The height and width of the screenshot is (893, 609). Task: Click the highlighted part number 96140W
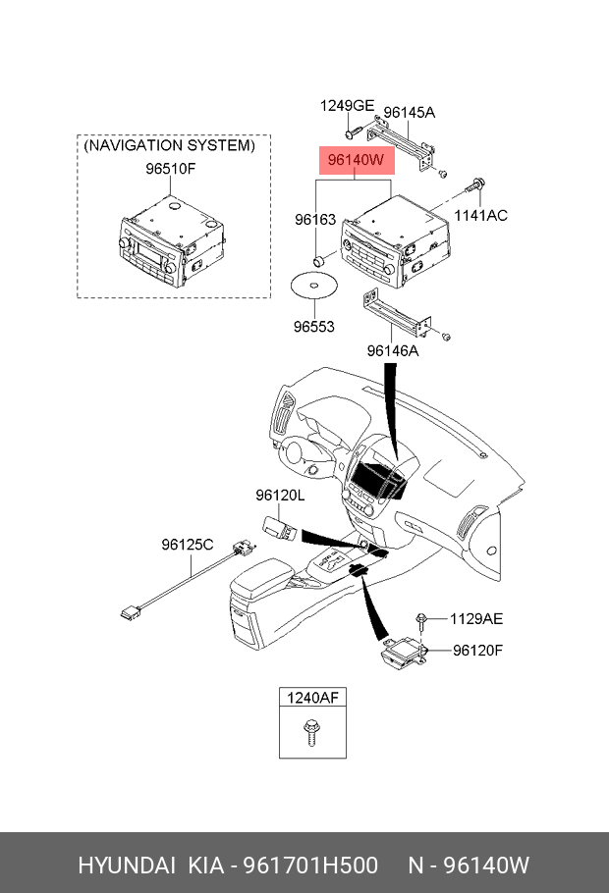(x=356, y=160)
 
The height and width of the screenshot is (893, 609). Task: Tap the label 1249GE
(x=347, y=105)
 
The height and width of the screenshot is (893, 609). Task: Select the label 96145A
(x=409, y=112)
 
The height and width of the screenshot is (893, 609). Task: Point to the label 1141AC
(x=480, y=215)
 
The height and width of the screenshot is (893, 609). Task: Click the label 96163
(x=315, y=219)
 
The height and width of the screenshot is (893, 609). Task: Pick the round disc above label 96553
(x=313, y=286)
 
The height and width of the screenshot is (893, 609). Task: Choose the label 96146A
(x=392, y=350)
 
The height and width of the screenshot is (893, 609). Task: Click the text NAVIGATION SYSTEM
(x=169, y=145)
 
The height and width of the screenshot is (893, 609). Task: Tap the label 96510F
(x=171, y=169)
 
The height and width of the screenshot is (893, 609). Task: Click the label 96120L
(x=280, y=496)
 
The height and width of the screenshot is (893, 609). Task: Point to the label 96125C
(x=187, y=545)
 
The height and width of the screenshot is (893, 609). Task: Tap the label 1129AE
(x=476, y=618)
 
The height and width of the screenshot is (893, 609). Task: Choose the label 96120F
(x=477, y=650)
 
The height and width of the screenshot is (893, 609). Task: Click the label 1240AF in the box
(x=312, y=697)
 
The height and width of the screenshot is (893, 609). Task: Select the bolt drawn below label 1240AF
(x=310, y=732)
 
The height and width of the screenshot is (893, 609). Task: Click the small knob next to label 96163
(x=319, y=261)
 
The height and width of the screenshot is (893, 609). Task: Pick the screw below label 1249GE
(x=353, y=132)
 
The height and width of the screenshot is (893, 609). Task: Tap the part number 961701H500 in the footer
(x=310, y=866)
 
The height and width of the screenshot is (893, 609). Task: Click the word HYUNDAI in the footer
(x=127, y=866)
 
